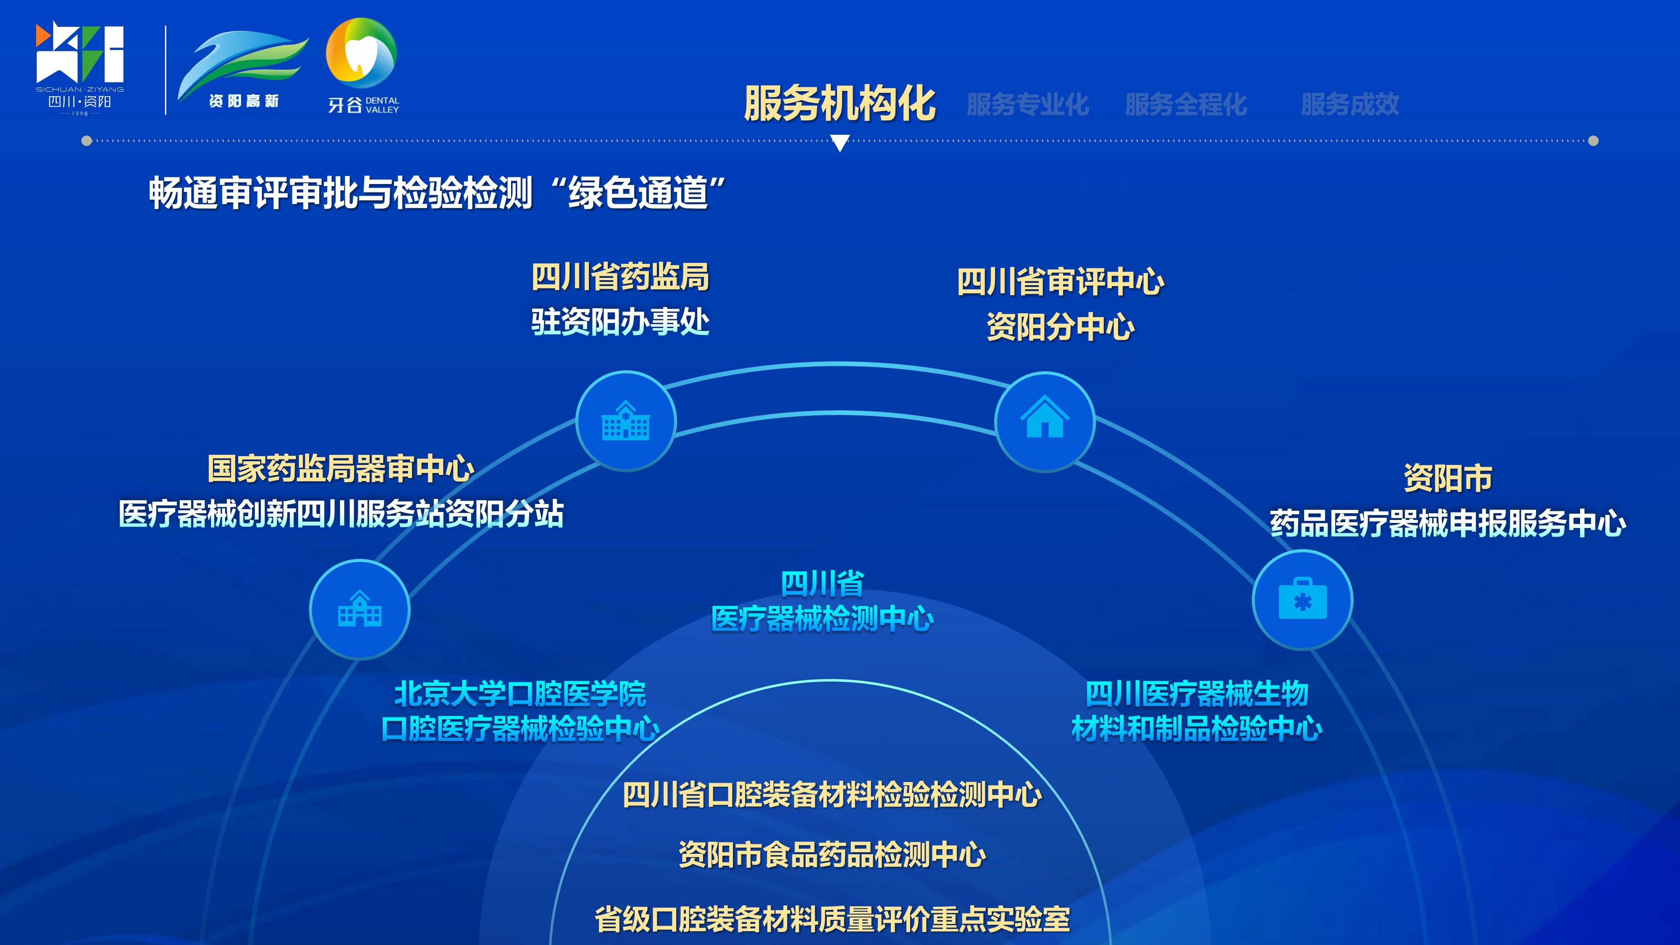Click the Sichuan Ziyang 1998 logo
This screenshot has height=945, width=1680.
pos(79,68)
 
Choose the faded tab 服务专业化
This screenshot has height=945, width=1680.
pos(1028,104)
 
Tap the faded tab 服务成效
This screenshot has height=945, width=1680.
pos(1350,104)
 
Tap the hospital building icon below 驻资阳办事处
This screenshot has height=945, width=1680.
pos(625,421)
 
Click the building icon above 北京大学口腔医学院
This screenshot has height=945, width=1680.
pos(360,609)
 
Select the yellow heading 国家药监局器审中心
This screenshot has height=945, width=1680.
pos(341,469)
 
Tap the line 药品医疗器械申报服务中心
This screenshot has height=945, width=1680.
pos(1448,523)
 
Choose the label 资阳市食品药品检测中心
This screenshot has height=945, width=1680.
pos(832,854)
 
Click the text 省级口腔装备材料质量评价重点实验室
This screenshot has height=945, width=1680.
pos(832,919)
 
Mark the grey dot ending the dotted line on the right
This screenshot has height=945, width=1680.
pos(1593,141)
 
